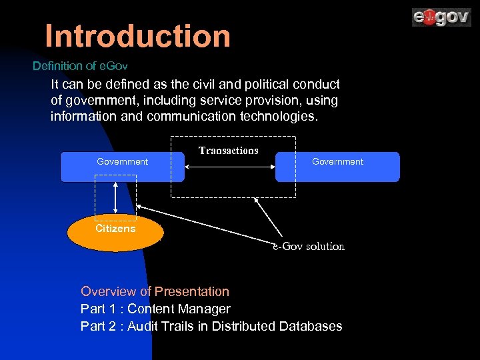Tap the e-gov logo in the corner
point(441,17)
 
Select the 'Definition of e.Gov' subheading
point(80,66)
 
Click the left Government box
point(123,167)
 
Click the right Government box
point(337,167)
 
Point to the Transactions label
point(229,151)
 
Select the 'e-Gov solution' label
point(308,247)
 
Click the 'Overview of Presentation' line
point(155,291)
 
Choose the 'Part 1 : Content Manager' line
point(155,309)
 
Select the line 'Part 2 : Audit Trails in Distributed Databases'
point(211,326)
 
